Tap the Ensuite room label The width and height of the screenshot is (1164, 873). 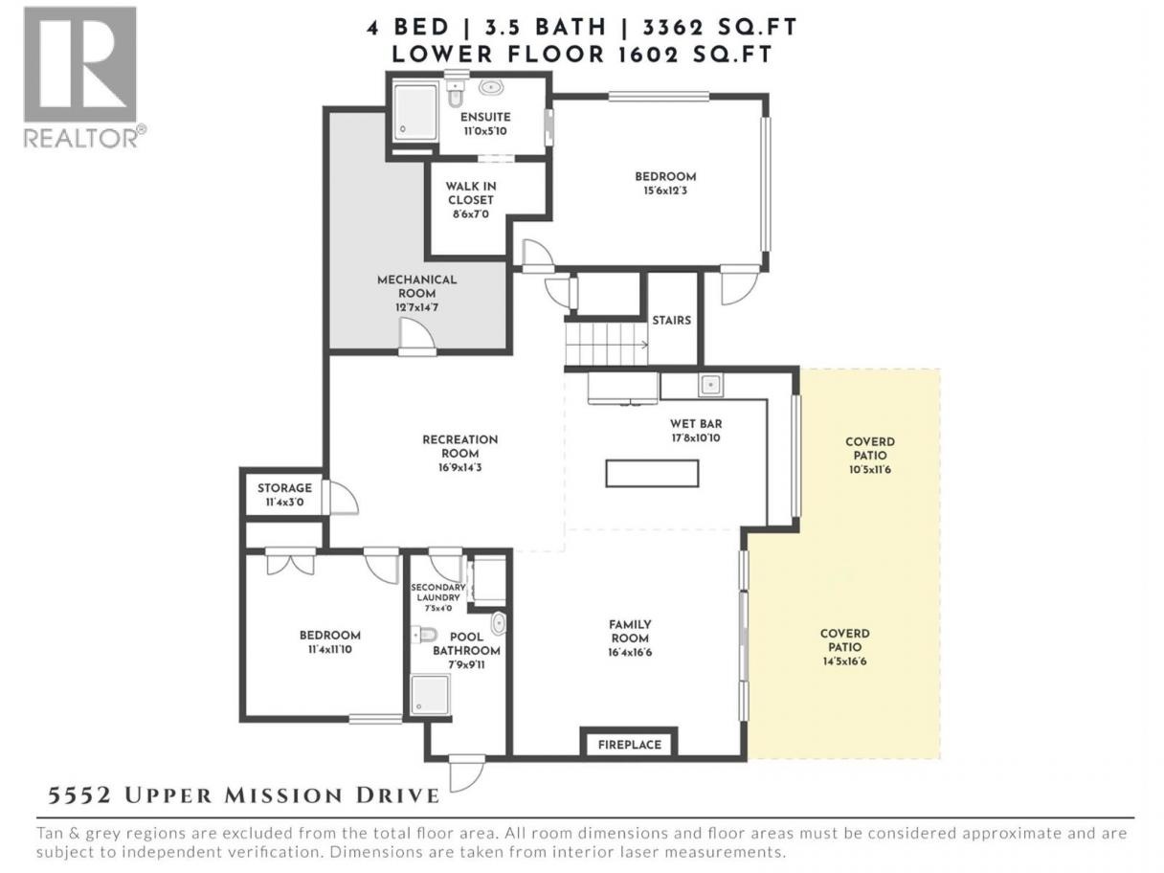coord(484,123)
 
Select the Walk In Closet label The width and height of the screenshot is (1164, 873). coord(470,200)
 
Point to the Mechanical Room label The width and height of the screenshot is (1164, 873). coord(416,293)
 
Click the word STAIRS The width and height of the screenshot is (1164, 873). coord(671,320)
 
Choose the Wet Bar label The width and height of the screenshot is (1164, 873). coord(696,431)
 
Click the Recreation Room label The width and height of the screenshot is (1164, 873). coord(459,453)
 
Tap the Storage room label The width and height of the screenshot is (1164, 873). coord(284,495)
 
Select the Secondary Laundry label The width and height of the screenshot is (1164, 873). coord(438,597)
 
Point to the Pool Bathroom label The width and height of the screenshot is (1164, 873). coord(466,650)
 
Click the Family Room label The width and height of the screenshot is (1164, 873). coord(630,638)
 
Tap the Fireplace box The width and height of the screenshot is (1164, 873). coord(630,744)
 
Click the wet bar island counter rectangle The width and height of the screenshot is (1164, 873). coord(652,473)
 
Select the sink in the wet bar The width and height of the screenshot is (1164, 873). coord(710,384)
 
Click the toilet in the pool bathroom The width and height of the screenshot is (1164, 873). coord(425,634)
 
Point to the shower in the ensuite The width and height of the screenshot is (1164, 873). coord(415,112)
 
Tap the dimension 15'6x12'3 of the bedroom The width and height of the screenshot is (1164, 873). coord(665,190)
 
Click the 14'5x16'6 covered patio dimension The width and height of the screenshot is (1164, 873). coord(845,661)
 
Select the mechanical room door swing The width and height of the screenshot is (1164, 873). coord(416,335)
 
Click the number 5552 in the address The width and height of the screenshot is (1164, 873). coord(79,795)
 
